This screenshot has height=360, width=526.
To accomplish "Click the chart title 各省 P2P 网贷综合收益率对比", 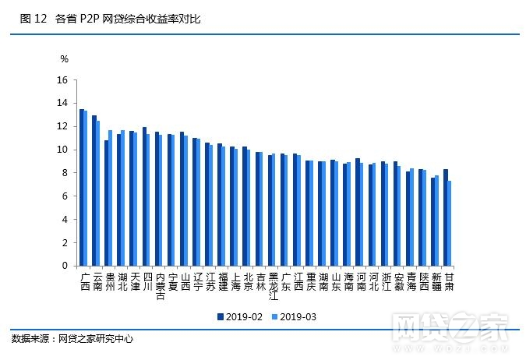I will (129, 18).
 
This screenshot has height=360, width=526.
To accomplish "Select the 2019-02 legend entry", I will (242, 316).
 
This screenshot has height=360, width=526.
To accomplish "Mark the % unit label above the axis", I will (65, 59).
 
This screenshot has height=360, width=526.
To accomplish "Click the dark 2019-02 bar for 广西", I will (81, 187).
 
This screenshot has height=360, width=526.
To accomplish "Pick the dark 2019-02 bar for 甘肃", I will (445, 217).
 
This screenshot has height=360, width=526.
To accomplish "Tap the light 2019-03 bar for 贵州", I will (111, 198).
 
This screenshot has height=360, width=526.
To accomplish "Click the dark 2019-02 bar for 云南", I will (94, 190).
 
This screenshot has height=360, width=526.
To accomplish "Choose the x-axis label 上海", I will (235, 281).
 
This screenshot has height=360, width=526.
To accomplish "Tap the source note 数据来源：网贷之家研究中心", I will (72, 339).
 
